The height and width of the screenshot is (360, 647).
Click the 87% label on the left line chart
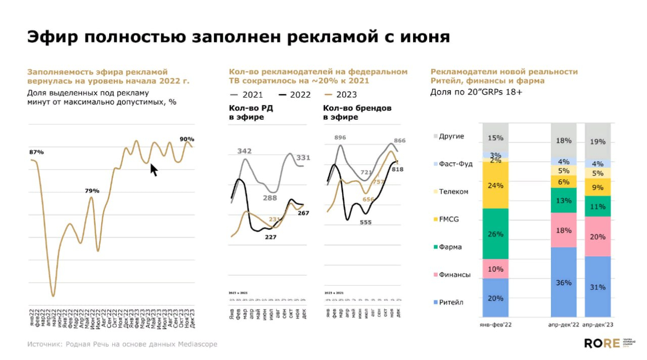click(x=37, y=152)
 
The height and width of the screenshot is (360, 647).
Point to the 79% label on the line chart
click(x=92, y=191)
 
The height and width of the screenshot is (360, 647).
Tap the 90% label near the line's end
click(x=187, y=139)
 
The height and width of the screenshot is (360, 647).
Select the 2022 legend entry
click(x=294, y=95)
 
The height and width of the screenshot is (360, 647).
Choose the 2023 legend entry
click(x=341, y=95)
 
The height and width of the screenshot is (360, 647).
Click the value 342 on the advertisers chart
click(x=245, y=151)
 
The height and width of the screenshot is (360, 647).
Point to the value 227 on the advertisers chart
click(x=271, y=237)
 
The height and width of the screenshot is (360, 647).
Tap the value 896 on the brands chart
click(x=340, y=138)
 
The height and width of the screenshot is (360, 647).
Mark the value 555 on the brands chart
click(x=365, y=222)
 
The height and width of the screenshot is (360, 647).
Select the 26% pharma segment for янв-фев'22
click(x=495, y=234)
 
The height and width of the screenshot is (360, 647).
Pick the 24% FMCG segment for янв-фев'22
click(x=495, y=186)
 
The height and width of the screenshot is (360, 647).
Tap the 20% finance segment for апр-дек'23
click(x=598, y=237)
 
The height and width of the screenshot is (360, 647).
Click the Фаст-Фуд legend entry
click(x=455, y=164)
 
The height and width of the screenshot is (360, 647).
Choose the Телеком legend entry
click(x=453, y=192)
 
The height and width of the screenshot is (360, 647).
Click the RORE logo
click(x=602, y=344)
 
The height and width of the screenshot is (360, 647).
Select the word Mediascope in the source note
click(x=197, y=344)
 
